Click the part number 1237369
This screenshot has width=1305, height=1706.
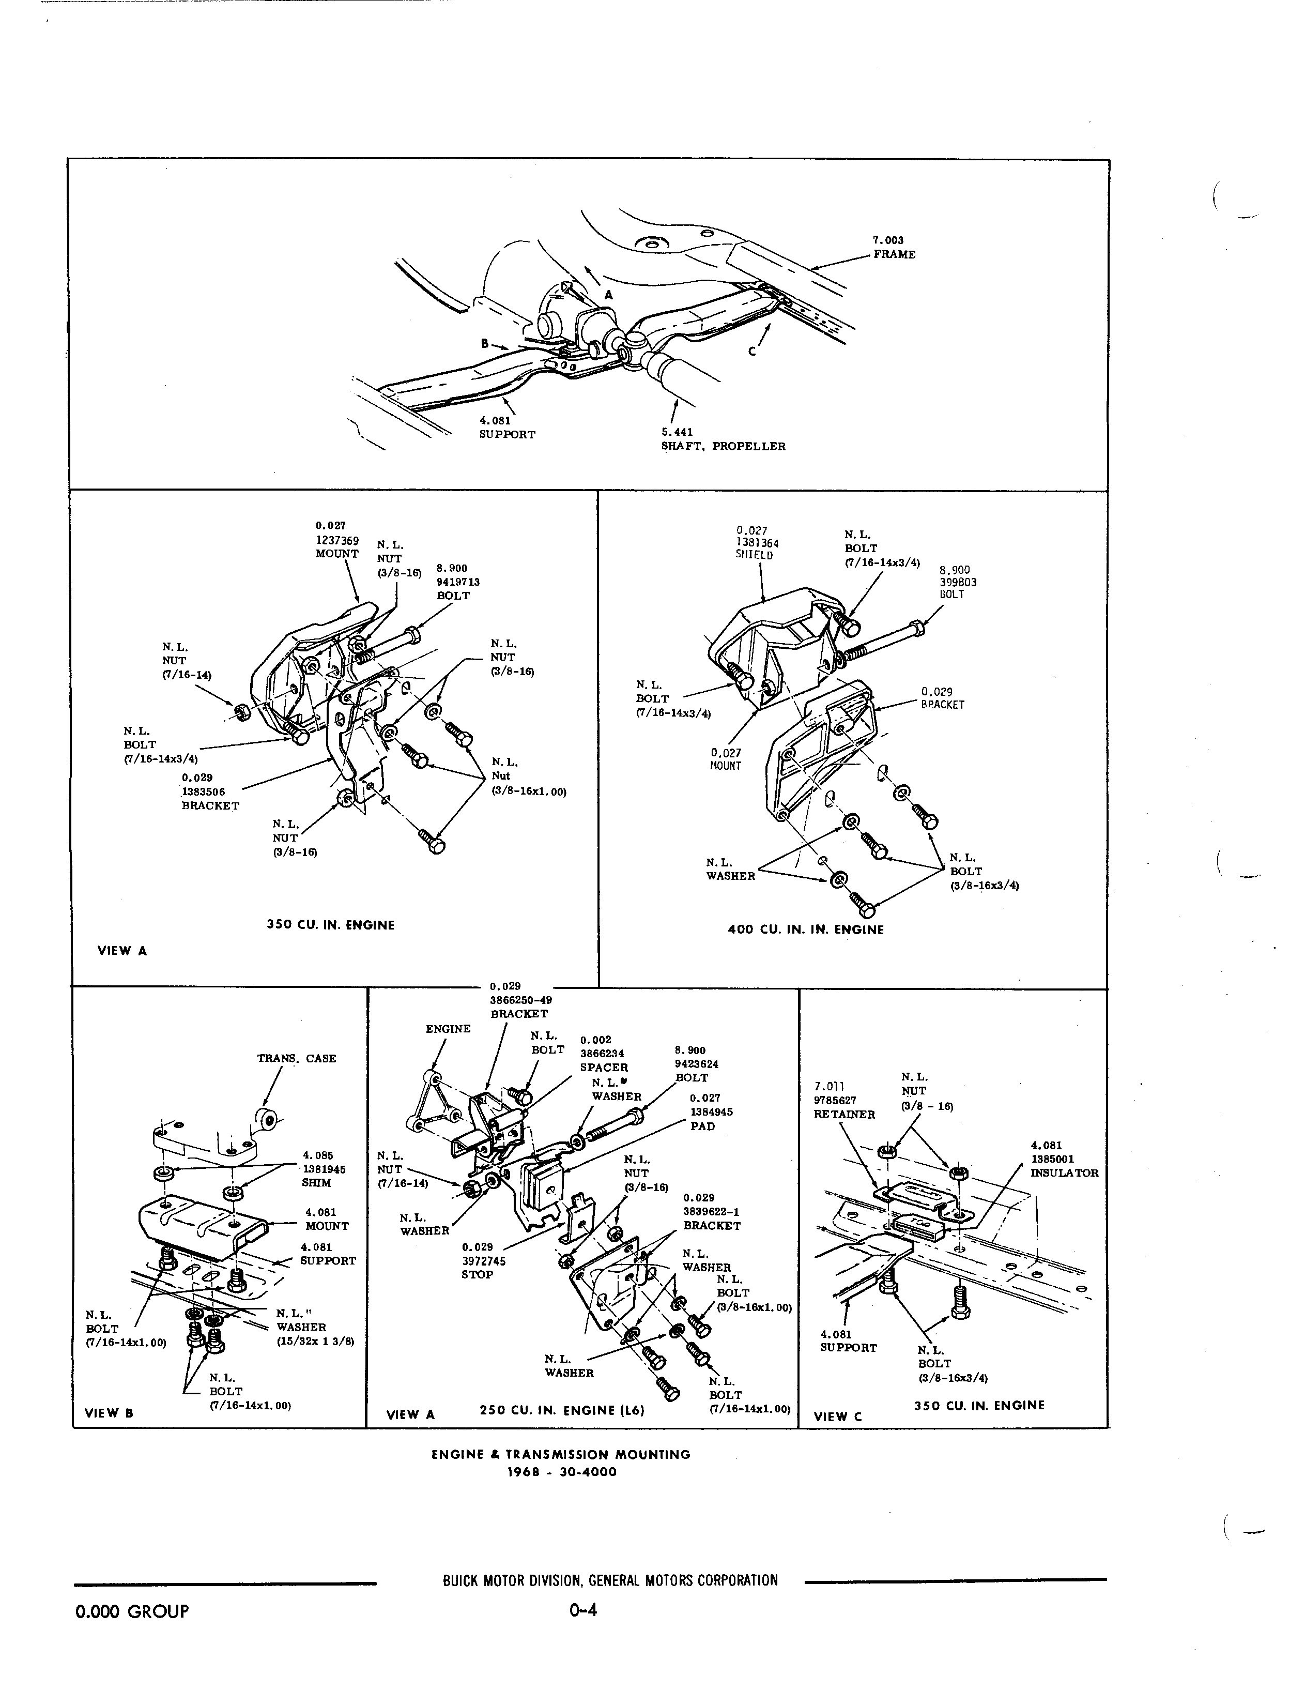pyautogui.click(x=336, y=540)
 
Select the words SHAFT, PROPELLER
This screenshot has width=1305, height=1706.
pyautogui.click(x=723, y=447)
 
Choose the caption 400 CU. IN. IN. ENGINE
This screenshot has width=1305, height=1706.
pyautogui.click(x=806, y=930)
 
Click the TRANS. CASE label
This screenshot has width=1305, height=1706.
pyautogui.click(x=297, y=1058)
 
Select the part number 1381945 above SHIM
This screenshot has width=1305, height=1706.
pyautogui.click(x=324, y=1169)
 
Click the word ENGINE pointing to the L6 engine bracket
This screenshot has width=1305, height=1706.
pyautogui.click(x=448, y=1029)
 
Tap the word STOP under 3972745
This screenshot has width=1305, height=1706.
pyautogui.click(x=477, y=1275)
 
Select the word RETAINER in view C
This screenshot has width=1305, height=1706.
pyautogui.click(x=845, y=1114)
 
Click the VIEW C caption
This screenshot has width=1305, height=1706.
pyautogui.click(x=837, y=1416)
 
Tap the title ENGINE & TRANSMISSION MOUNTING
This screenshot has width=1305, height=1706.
pyautogui.click(x=561, y=1454)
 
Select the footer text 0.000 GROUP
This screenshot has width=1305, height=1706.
pyautogui.click(x=132, y=1611)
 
